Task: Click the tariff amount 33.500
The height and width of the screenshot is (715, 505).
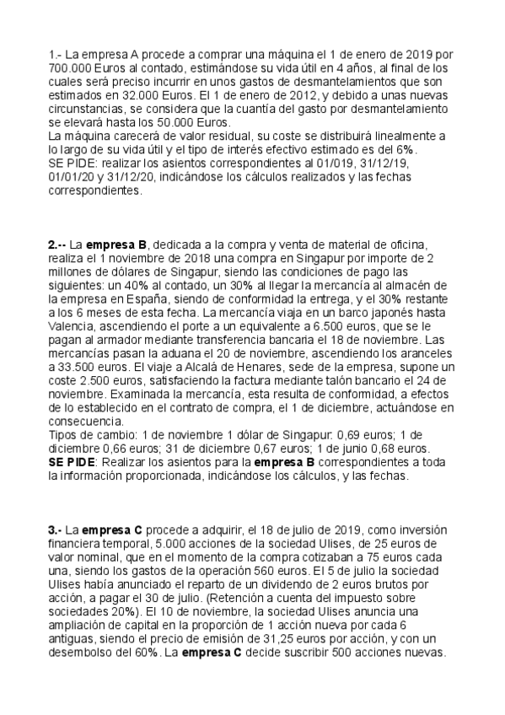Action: [x=73, y=355]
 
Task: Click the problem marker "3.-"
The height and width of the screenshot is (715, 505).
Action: [x=55, y=530]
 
